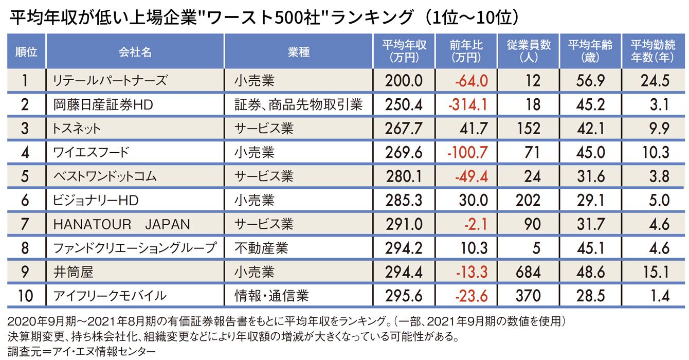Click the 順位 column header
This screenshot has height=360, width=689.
click(x=26, y=51)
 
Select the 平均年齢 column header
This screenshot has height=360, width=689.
click(x=590, y=51)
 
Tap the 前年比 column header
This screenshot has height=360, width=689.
click(x=466, y=51)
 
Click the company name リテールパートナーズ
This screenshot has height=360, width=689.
click(x=110, y=81)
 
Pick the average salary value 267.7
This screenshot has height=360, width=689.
click(x=404, y=129)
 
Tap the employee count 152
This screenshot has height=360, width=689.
click(x=529, y=129)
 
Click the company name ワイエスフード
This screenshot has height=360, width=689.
click(x=91, y=152)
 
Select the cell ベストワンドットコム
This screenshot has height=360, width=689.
click(x=105, y=176)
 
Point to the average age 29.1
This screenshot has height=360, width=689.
click(x=590, y=200)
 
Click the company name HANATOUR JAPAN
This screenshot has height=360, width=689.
click(x=121, y=224)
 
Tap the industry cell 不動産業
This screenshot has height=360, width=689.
click(x=261, y=248)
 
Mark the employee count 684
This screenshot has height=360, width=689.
click(x=528, y=272)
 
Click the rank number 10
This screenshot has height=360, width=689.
click(x=26, y=296)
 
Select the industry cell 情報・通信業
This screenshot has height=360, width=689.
click(x=271, y=296)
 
